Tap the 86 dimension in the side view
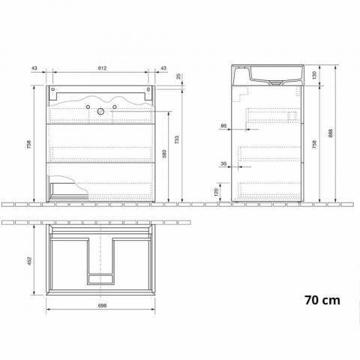click(x=223, y=125)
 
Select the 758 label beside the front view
click(x=28, y=145)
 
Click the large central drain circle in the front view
click(x=101, y=108)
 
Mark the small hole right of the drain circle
click(x=116, y=107)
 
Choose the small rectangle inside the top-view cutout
click(x=101, y=280)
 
